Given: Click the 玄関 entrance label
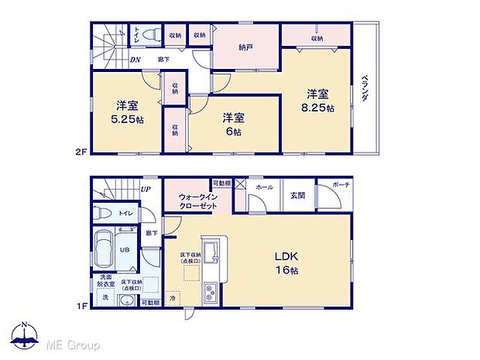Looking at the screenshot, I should pos(298,196).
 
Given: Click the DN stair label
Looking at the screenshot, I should pos(135,60).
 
